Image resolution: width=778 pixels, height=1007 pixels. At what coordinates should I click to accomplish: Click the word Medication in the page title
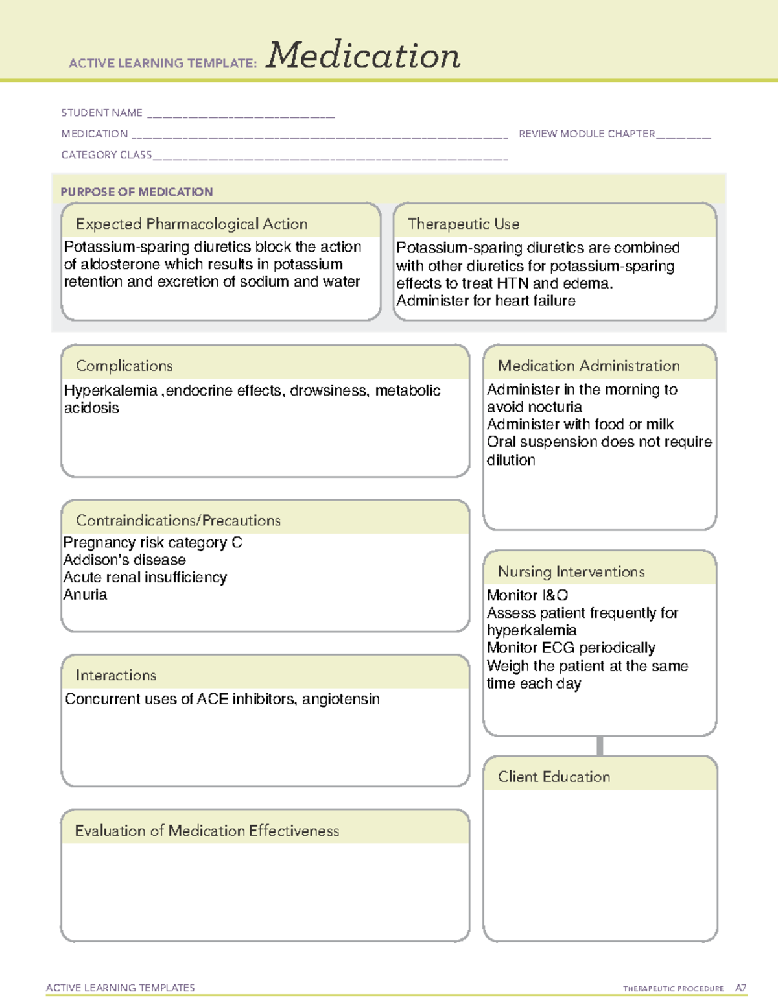[363, 56]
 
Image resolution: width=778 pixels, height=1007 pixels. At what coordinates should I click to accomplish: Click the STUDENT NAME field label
[102, 113]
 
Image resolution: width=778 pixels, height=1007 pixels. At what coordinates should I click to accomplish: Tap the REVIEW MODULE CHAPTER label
[587, 134]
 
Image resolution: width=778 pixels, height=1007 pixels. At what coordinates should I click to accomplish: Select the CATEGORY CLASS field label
[106, 155]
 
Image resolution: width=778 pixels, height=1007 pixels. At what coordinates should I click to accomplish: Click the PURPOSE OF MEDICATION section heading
[136, 192]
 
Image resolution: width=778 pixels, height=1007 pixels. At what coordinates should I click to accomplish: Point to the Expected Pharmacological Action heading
[191, 224]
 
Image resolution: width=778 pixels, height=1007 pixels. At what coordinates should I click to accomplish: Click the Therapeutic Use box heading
[464, 224]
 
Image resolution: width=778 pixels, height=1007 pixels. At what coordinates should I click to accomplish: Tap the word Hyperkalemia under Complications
[111, 390]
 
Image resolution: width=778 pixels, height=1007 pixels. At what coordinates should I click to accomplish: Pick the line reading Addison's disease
[124, 560]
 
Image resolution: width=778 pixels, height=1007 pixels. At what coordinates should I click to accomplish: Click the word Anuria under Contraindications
[85, 595]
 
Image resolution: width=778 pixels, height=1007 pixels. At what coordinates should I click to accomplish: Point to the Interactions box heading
[116, 675]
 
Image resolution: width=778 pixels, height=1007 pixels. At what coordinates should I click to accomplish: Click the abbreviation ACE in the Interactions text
[213, 699]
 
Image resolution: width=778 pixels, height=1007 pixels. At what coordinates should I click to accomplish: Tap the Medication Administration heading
[589, 366]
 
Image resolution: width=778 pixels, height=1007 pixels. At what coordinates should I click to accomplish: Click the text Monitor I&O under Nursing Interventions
[527, 595]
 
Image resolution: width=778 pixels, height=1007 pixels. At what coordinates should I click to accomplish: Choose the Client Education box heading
[554, 777]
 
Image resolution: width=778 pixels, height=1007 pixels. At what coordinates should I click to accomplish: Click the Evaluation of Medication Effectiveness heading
[207, 831]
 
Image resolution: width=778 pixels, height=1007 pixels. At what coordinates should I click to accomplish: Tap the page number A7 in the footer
[740, 988]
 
